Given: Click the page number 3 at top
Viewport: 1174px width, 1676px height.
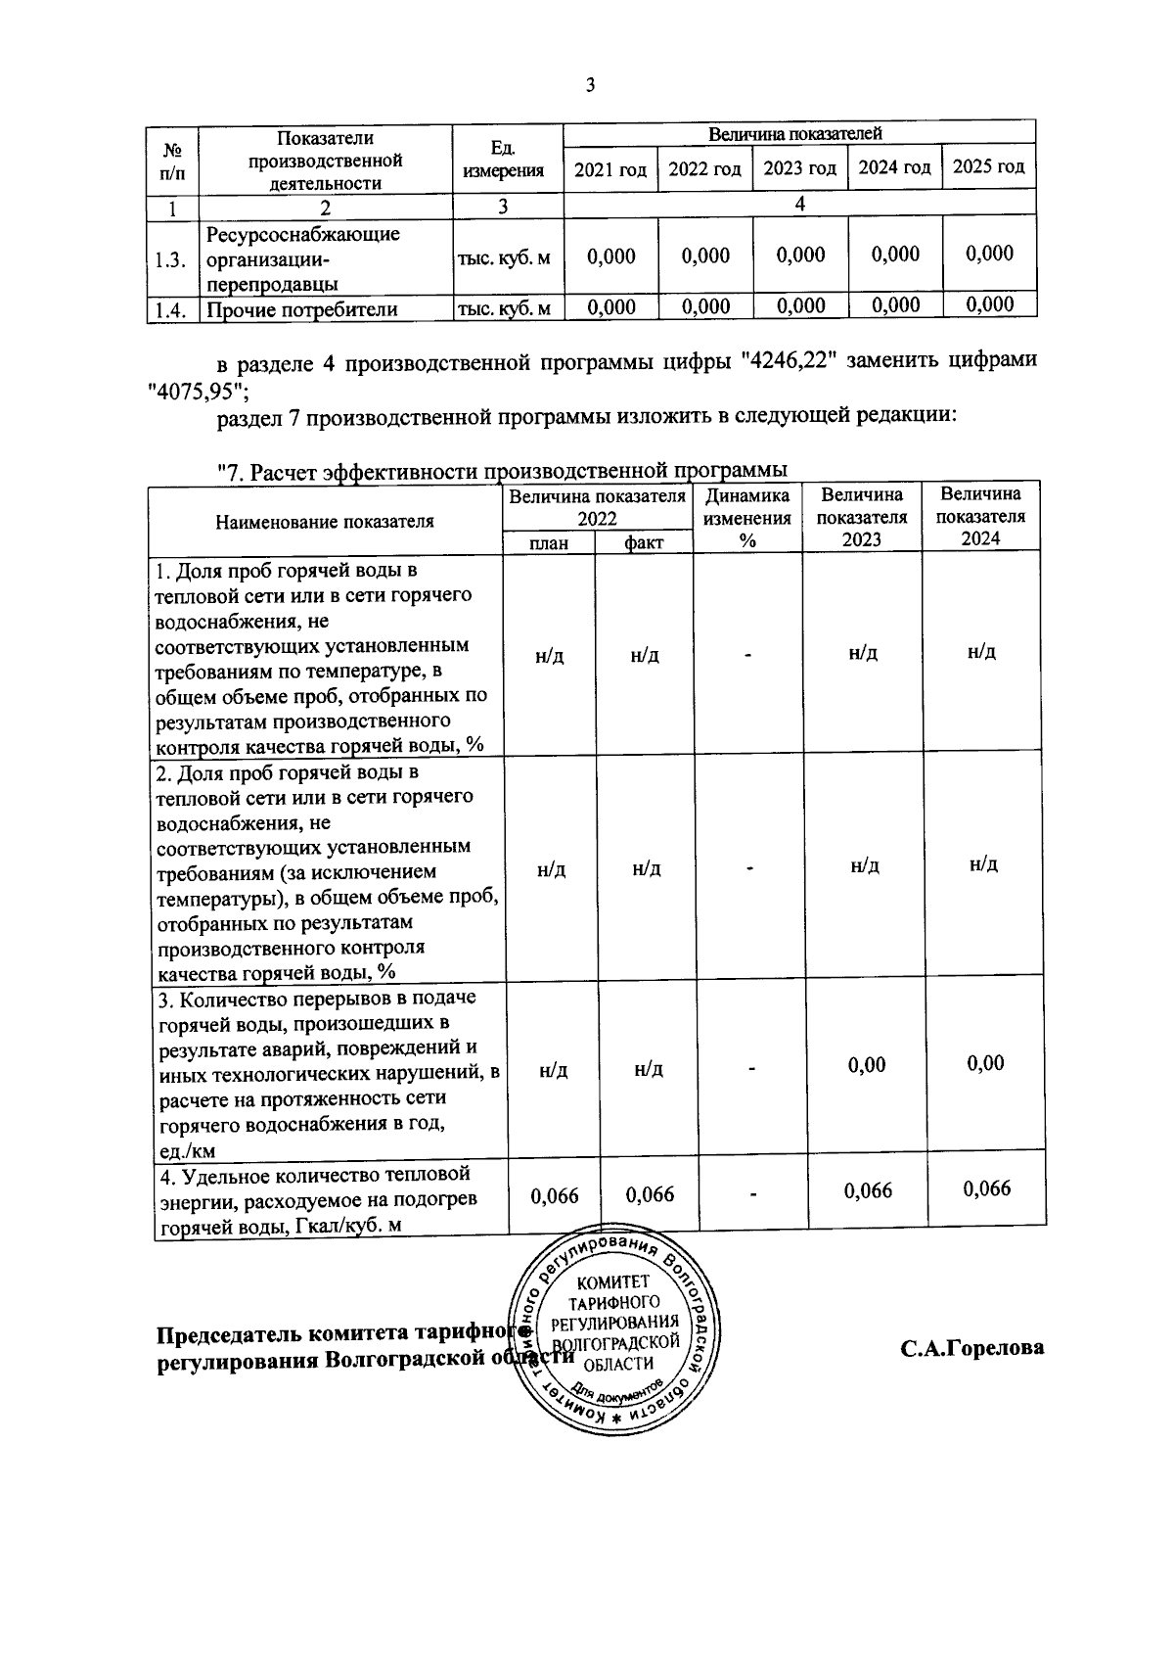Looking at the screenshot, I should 590,84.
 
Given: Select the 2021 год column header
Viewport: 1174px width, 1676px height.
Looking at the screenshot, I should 610,169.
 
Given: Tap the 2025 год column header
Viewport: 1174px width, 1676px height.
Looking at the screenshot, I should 988,166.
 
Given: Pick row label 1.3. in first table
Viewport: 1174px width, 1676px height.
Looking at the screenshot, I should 170,259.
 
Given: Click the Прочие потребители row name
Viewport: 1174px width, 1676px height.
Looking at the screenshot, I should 302,309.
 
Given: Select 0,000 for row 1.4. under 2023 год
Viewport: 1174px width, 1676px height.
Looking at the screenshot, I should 799,305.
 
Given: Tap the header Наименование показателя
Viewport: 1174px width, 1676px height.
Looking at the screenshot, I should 324,521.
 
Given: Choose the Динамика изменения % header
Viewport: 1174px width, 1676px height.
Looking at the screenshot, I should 747,519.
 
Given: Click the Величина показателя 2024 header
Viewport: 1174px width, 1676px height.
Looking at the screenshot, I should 981,517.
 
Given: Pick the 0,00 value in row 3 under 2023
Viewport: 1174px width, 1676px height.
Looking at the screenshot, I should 867,1064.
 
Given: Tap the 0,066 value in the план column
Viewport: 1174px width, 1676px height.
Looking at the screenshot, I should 554,1194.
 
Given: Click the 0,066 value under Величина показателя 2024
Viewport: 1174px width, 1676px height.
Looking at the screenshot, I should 986,1188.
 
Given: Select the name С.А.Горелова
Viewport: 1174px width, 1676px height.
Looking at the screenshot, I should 972,1348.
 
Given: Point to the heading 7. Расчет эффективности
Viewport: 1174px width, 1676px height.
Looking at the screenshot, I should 501,471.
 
